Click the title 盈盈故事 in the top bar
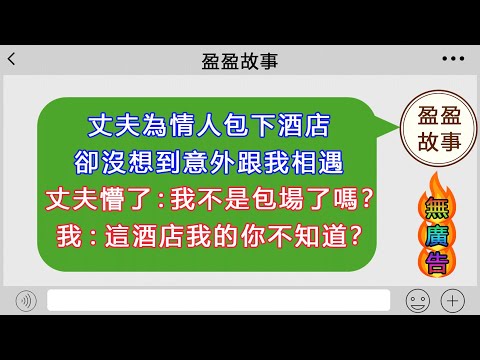(x=240, y=61)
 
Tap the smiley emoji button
(x=417, y=299)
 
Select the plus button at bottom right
(x=453, y=299)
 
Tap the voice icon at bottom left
(x=26, y=299)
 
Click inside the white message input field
(x=218, y=299)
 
